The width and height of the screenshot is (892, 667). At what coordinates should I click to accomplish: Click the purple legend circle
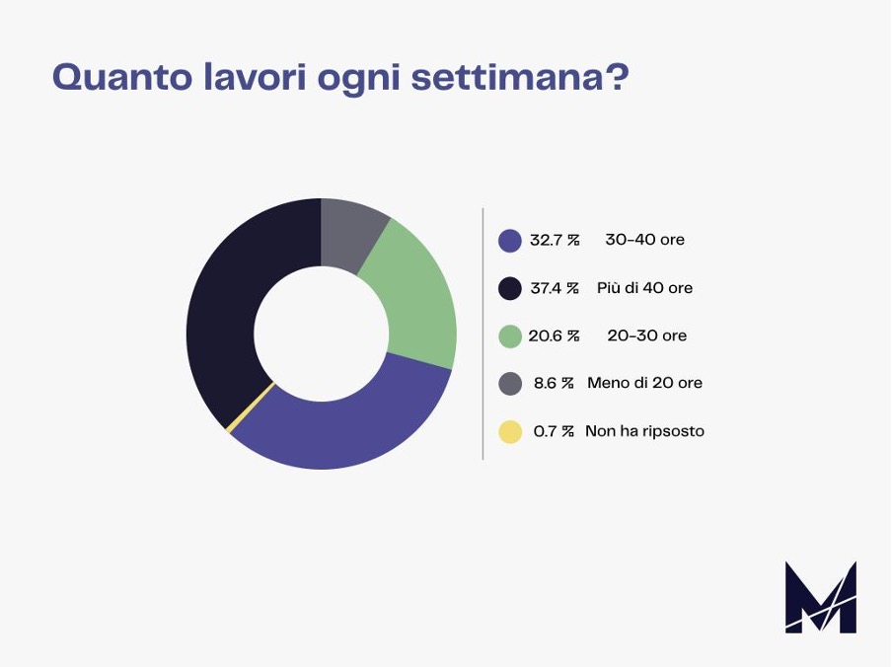[x=510, y=241]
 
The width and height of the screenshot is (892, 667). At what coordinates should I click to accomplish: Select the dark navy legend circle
[x=510, y=288]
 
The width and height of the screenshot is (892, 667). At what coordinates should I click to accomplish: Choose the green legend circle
[x=510, y=335]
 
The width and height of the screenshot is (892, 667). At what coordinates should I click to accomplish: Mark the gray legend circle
[x=510, y=383]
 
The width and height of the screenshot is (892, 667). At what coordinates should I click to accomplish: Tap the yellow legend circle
[x=510, y=431]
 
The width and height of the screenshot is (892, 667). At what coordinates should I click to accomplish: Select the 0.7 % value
[x=554, y=431]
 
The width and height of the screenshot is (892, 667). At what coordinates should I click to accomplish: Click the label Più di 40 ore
[x=644, y=288]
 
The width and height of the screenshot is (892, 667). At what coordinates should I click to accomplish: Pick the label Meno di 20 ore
[x=644, y=383]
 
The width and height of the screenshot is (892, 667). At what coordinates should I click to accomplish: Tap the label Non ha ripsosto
[x=644, y=431]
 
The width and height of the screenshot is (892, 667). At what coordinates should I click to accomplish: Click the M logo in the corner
[x=820, y=597]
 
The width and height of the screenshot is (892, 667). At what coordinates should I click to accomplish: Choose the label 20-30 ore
[x=646, y=335]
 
